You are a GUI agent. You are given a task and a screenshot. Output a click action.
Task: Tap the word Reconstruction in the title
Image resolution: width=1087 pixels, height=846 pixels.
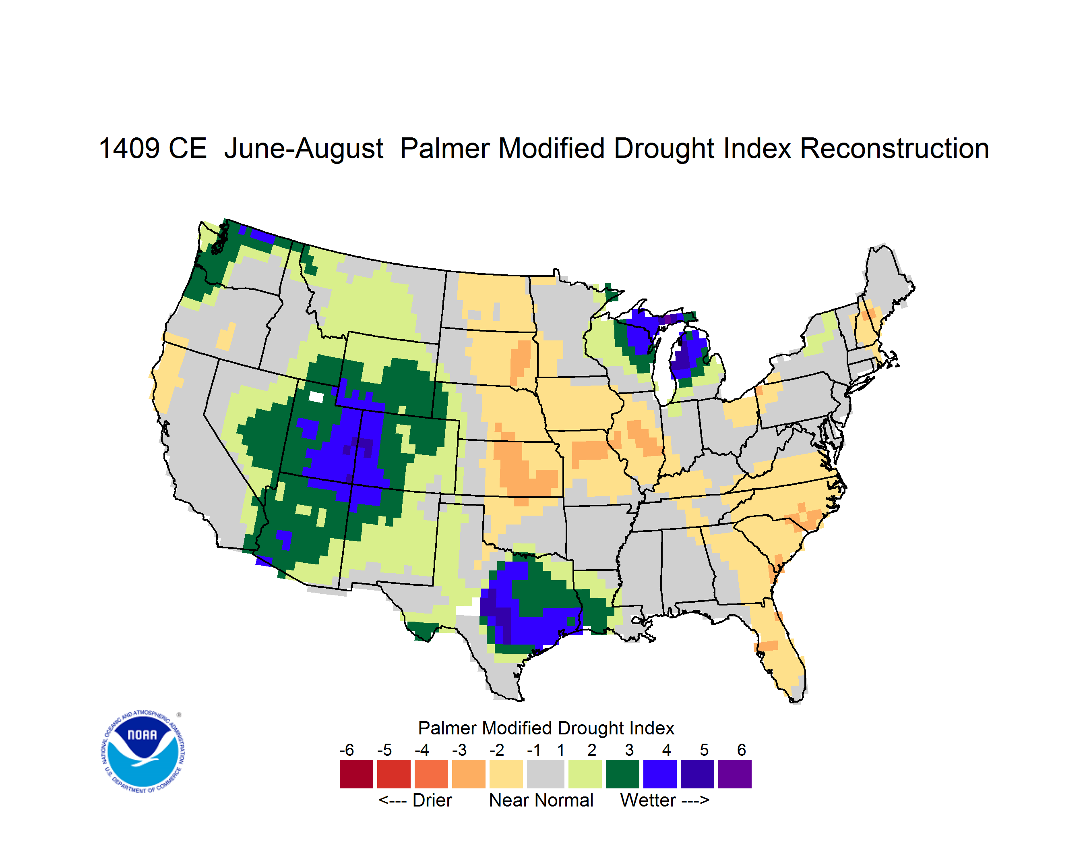click(x=894, y=148)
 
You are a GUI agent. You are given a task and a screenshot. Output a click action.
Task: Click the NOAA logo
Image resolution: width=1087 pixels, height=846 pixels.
click(x=143, y=751)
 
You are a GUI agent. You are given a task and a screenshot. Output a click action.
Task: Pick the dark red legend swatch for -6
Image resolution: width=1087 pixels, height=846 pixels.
click(x=356, y=774)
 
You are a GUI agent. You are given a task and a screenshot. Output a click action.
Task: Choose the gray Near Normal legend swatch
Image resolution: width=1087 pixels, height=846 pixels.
click(x=546, y=774)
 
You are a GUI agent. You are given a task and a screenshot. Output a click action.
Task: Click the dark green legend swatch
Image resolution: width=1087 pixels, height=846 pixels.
click(x=622, y=774)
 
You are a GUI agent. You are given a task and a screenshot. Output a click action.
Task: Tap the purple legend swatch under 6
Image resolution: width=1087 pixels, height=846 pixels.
click(x=735, y=774)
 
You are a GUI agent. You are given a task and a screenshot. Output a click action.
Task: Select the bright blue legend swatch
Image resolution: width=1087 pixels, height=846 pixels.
click(x=660, y=774)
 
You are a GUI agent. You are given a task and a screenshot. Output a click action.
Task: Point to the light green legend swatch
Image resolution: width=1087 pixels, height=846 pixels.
click(x=585, y=774)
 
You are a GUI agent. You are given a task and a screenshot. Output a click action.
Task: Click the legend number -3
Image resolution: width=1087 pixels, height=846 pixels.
click(x=459, y=750)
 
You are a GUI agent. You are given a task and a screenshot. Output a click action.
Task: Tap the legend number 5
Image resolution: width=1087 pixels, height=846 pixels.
click(x=704, y=750)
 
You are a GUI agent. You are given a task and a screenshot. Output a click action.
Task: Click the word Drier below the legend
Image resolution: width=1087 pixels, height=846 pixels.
click(x=432, y=800)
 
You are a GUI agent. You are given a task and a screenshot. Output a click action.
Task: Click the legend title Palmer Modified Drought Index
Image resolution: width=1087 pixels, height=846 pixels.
click(x=546, y=728)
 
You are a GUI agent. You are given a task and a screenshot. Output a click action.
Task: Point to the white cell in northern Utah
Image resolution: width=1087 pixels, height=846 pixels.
click(x=316, y=396)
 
